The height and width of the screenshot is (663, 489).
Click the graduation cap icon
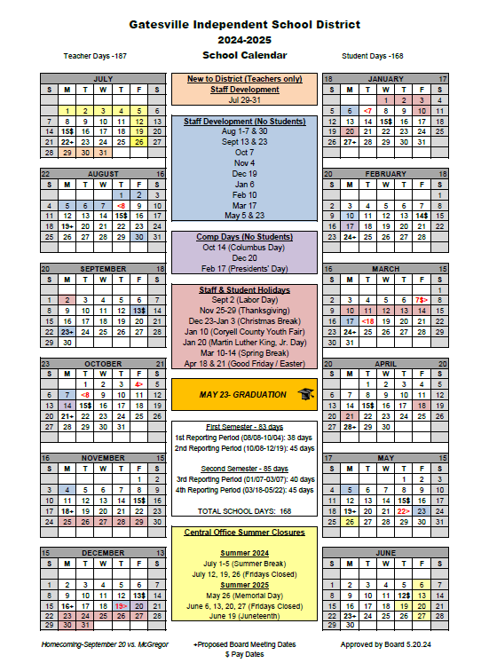(x=305, y=393)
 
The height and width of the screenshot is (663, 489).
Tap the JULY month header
(x=102, y=79)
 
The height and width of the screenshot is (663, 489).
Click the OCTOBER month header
(x=102, y=363)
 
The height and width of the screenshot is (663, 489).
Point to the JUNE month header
(x=385, y=552)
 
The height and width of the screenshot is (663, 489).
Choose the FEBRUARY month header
(x=385, y=174)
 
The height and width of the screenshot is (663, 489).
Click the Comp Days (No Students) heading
(x=244, y=237)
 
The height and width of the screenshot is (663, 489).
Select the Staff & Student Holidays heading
(x=244, y=289)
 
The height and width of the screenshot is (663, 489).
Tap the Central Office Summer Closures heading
(x=244, y=532)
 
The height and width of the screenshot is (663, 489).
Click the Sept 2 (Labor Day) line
(x=244, y=301)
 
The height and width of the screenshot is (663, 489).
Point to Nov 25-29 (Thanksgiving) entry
(x=244, y=312)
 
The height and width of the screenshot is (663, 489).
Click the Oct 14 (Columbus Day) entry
(x=244, y=248)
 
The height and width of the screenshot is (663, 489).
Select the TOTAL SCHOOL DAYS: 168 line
(x=244, y=511)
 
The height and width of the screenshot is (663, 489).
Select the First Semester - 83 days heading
(x=244, y=427)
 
